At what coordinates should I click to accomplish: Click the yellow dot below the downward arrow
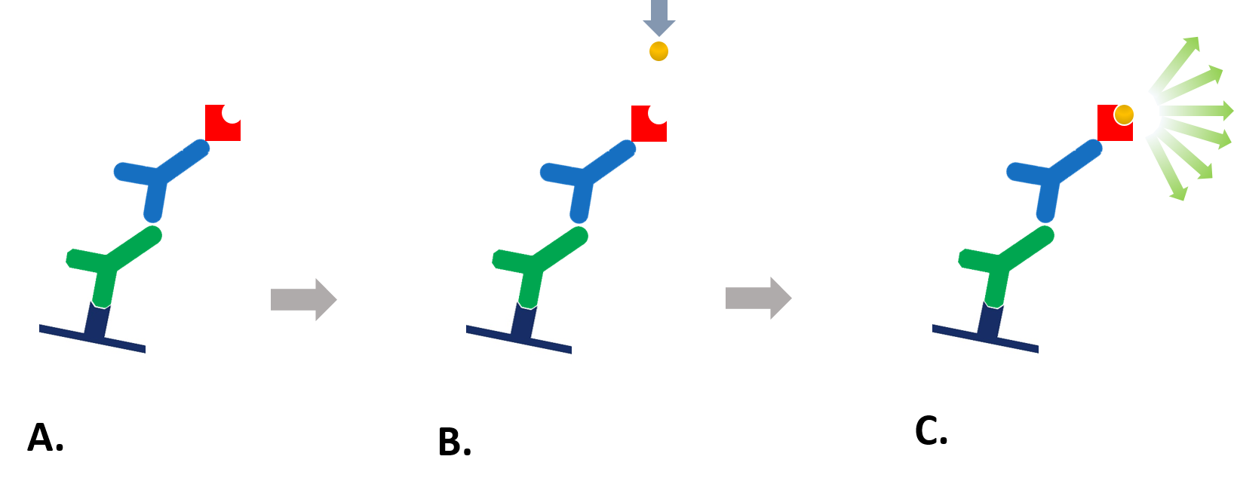tap(658, 51)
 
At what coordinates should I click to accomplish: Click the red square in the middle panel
tap(646, 128)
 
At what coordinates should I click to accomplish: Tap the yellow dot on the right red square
tap(1124, 115)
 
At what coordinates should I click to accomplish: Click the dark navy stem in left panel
tap(97, 321)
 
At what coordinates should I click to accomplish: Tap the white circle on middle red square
tap(658, 114)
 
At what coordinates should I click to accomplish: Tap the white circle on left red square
tap(232, 113)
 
